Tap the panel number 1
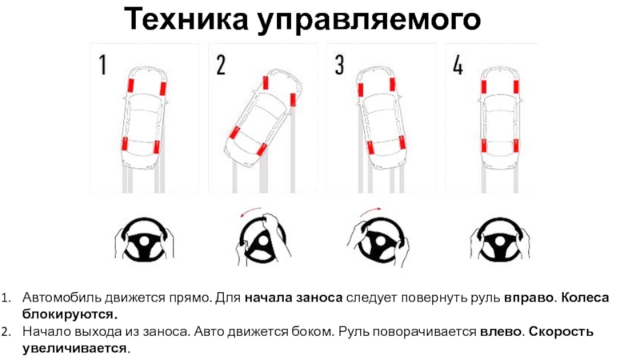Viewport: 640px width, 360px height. (x=103, y=65)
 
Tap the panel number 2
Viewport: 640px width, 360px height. (x=220, y=65)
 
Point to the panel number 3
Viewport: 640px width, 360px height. (x=339, y=65)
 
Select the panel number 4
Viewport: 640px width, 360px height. (x=457, y=65)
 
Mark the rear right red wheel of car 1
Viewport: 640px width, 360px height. (x=158, y=147)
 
